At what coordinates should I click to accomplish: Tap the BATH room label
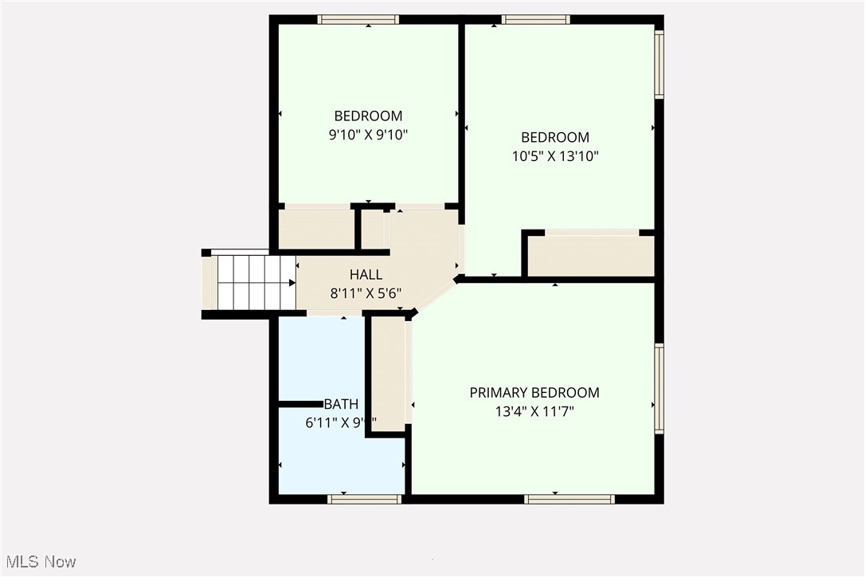(341, 404)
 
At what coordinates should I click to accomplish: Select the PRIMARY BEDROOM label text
(534, 392)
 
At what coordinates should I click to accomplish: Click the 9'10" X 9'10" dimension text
(368, 135)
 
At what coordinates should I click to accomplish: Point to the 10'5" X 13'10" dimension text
(555, 156)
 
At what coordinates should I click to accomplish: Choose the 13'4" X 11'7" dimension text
(534, 411)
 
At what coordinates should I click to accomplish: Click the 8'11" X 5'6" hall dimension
(366, 292)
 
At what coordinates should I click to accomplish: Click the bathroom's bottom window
(364, 500)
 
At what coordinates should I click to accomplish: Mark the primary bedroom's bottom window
(569, 500)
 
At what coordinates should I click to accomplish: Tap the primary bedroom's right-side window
(659, 388)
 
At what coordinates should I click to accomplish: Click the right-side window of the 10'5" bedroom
(659, 65)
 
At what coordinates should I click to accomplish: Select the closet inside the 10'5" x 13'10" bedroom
(591, 255)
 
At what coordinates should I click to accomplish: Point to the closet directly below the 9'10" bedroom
(316, 229)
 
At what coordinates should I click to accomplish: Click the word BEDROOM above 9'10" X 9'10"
(368, 116)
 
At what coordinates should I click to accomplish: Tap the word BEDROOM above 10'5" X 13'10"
(555, 137)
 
